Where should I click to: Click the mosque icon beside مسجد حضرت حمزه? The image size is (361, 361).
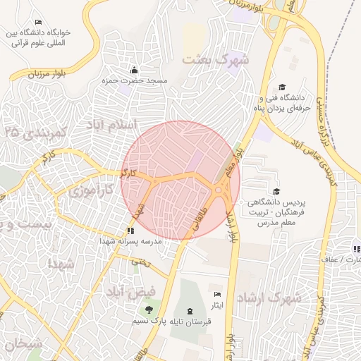coord(135,70)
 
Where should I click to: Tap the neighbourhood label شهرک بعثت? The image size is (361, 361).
coord(216,59)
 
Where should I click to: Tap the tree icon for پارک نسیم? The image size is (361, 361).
coord(148,310)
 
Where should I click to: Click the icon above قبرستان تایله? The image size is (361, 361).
coord(189,311)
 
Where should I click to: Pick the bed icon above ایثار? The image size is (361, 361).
coord(217,293)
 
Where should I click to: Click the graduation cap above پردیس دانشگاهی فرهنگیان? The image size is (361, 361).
coord(276,191)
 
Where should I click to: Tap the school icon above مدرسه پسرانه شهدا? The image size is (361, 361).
coord(130,230)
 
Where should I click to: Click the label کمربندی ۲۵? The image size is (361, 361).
coord(33,132)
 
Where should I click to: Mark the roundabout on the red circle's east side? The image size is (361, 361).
coord(221,189)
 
